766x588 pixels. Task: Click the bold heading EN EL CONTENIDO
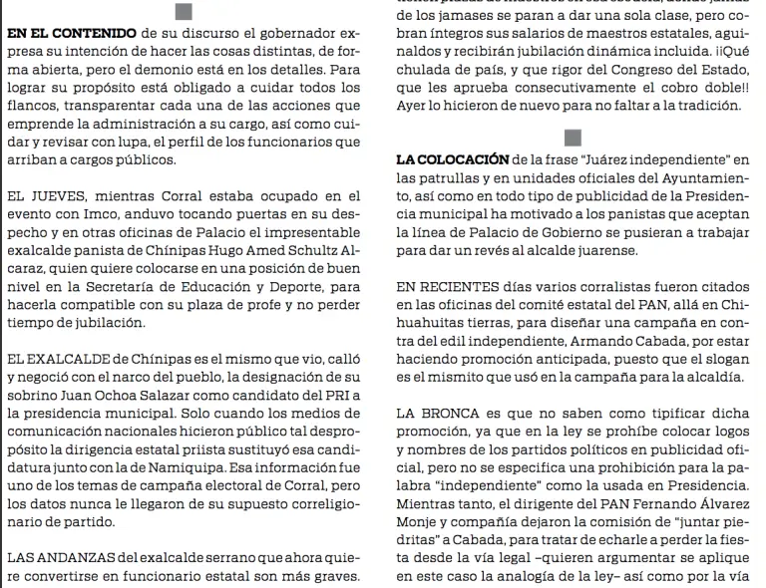coord(72,34)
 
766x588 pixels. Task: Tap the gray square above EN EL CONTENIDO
coord(183,11)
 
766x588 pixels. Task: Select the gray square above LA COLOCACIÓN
coord(573,138)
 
